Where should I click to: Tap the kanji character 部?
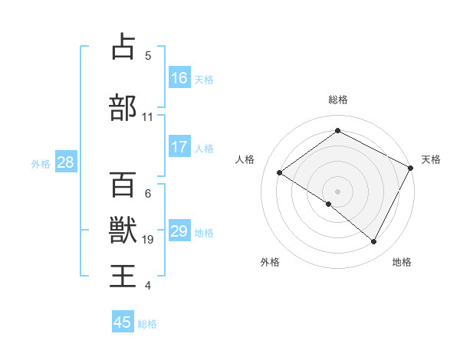[123, 108]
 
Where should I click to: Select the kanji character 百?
[123, 185]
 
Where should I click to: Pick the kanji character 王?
[123, 275]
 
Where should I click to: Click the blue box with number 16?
[179, 77]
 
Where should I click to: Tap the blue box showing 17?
[179, 147]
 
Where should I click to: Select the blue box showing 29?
[179, 231]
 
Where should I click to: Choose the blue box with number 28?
[65, 162]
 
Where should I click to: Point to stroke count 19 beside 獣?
[149, 240]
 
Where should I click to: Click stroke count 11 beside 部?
[148, 117]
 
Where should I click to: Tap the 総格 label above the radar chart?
[337, 100]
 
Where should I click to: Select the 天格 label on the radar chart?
[431, 159]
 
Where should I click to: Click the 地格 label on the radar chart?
[402, 262]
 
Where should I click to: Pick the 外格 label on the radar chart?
[270, 262]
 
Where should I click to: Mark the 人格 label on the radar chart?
[245, 159]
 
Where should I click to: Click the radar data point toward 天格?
[411, 168]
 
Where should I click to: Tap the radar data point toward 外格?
[329, 204]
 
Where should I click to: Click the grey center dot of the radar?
[337, 191]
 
